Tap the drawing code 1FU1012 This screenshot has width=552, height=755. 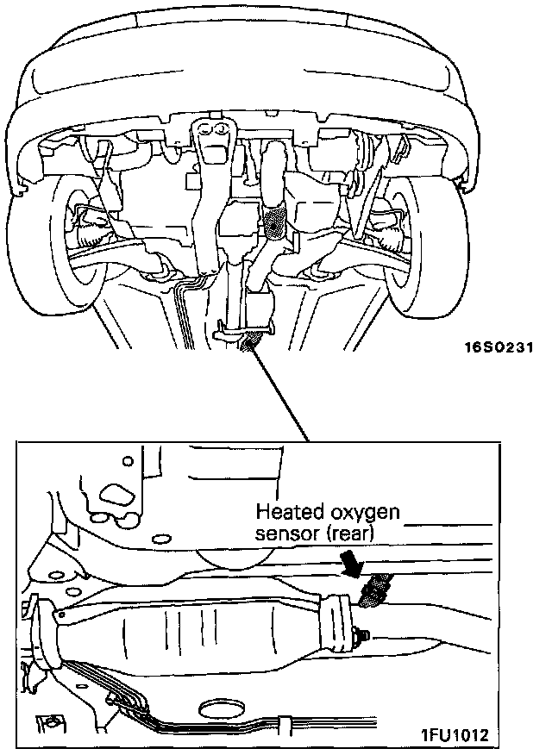(454, 735)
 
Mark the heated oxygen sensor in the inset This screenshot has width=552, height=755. (377, 591)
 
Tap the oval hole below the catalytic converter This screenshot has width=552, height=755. (220, 712)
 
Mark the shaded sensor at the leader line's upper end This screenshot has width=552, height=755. (252, 344)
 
